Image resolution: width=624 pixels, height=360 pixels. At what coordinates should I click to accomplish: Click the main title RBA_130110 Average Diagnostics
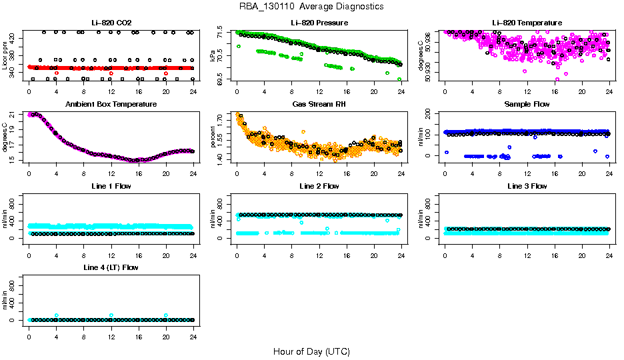coord(311,7)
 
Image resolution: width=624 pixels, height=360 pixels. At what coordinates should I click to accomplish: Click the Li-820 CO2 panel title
coord(111,23)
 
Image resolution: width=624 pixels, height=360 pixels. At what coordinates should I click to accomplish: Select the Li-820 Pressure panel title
coord(319,23)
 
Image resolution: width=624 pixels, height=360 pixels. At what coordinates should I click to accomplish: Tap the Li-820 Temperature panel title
coord(526,23)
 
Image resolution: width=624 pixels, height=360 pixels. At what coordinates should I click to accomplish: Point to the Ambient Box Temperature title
coord(111,105)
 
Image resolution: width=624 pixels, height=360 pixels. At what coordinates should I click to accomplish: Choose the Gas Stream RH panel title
coord(319,105)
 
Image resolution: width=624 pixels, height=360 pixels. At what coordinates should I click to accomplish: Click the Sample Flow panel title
coord(526,105)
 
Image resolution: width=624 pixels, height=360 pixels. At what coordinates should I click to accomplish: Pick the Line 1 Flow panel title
coord(111,186)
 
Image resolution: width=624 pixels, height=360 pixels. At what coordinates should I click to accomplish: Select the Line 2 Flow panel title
coord(319,186)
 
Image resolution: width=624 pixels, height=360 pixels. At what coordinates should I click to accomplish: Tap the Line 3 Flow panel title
coord(526,186)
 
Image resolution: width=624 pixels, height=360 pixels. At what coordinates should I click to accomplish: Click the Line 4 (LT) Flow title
coord(111,267)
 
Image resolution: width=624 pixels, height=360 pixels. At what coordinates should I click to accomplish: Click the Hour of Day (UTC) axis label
coord(311,351)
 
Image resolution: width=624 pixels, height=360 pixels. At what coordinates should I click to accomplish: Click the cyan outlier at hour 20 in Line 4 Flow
coord(165,315)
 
